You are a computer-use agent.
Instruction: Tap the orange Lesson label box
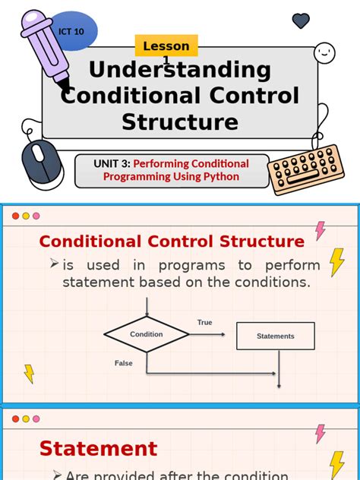(x=166, y=46)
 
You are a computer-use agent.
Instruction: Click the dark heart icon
(x=301, y=21)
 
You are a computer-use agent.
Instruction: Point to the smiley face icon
(x=325, y=52)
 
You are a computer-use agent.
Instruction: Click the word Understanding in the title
(x=180, y=71)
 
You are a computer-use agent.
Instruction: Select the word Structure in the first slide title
(x=180, y=122)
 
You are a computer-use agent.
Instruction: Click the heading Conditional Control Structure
(x=172, y=242)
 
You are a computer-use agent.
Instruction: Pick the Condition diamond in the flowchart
(x=147, y=334)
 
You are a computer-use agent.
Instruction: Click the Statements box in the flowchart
(x=275, y=336)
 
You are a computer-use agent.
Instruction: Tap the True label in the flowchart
(x=205, y=323)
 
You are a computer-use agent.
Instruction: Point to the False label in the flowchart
(x=124, y=363)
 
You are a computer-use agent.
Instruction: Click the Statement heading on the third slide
(x=98, y=448)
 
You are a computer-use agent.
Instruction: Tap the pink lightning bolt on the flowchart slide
(x=320, y=230)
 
